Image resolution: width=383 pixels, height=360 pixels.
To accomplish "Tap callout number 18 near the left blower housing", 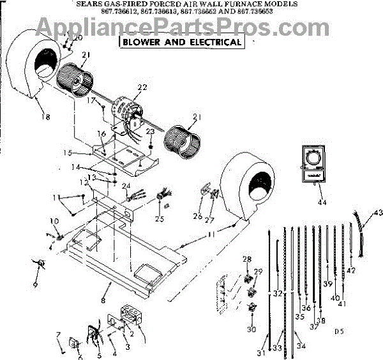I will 44,117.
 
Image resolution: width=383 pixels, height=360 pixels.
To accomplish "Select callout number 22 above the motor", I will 142,87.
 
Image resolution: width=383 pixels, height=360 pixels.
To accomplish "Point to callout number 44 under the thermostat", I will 322,202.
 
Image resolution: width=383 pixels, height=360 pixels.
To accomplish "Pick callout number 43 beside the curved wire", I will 378,212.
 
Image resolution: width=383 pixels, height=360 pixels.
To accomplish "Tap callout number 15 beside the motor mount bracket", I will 86,154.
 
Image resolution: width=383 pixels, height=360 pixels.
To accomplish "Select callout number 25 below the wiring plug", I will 160,219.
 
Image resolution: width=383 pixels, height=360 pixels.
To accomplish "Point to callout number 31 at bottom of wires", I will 261,352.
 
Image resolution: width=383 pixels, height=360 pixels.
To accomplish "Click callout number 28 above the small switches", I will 247,259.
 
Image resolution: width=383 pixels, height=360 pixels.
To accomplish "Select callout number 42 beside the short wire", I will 351,271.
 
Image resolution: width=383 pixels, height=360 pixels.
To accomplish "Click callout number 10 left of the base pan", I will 54,221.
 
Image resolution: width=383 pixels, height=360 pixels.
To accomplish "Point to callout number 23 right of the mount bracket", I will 151,131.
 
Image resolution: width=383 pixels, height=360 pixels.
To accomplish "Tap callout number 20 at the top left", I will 78,38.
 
